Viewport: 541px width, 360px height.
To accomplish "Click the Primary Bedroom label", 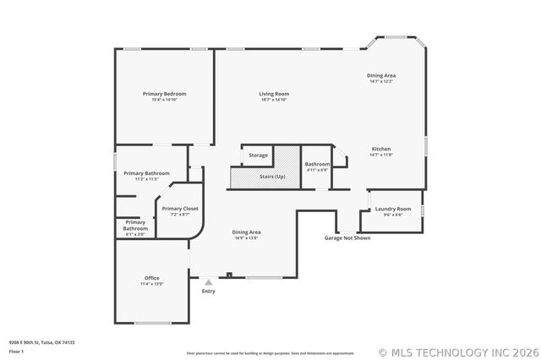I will pyautogui.click(x=164, y=93).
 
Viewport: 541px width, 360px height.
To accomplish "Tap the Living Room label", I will pyautogui.click(x=274, y=93).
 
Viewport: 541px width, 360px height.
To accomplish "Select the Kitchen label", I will pyautogui.click(x=381, y=149).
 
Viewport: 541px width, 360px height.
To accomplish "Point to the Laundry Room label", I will pyautogui.click(x=393, y=209).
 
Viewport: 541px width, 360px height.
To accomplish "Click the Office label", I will pyautogui.click(x=152, y=278).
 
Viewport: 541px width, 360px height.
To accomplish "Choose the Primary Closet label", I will pyautogui.click(x=180, y=208).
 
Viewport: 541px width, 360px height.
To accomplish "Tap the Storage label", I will pyautogui.click(x=259, y=155).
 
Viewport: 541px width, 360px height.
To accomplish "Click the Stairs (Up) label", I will pyautogui.click(x=272, y=176).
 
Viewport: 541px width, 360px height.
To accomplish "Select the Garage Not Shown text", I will pyautogui.click(x=347, y=238).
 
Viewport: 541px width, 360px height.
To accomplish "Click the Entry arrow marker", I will pyautogui.click(x=208, y=281).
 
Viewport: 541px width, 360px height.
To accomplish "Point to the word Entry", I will pyautogui.click(x=208, y=292).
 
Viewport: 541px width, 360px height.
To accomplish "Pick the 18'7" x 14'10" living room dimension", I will pyautogui.click(x=274, y=100).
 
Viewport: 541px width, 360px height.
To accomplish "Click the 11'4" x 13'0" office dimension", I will pyautogui.click(x=152, y=284).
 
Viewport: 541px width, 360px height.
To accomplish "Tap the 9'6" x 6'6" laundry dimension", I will pyautogui.click(x=393, y=215).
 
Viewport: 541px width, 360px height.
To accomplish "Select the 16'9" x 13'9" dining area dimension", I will pyautogui.click(x=246, y=238).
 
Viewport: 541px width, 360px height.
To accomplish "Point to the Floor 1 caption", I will pyautogui.click(x=16, y=351).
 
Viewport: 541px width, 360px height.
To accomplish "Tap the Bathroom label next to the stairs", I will pyautogui.click(x=318, y=164).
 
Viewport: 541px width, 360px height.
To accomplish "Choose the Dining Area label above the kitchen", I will pyautogui.click(x=381, y=75).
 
